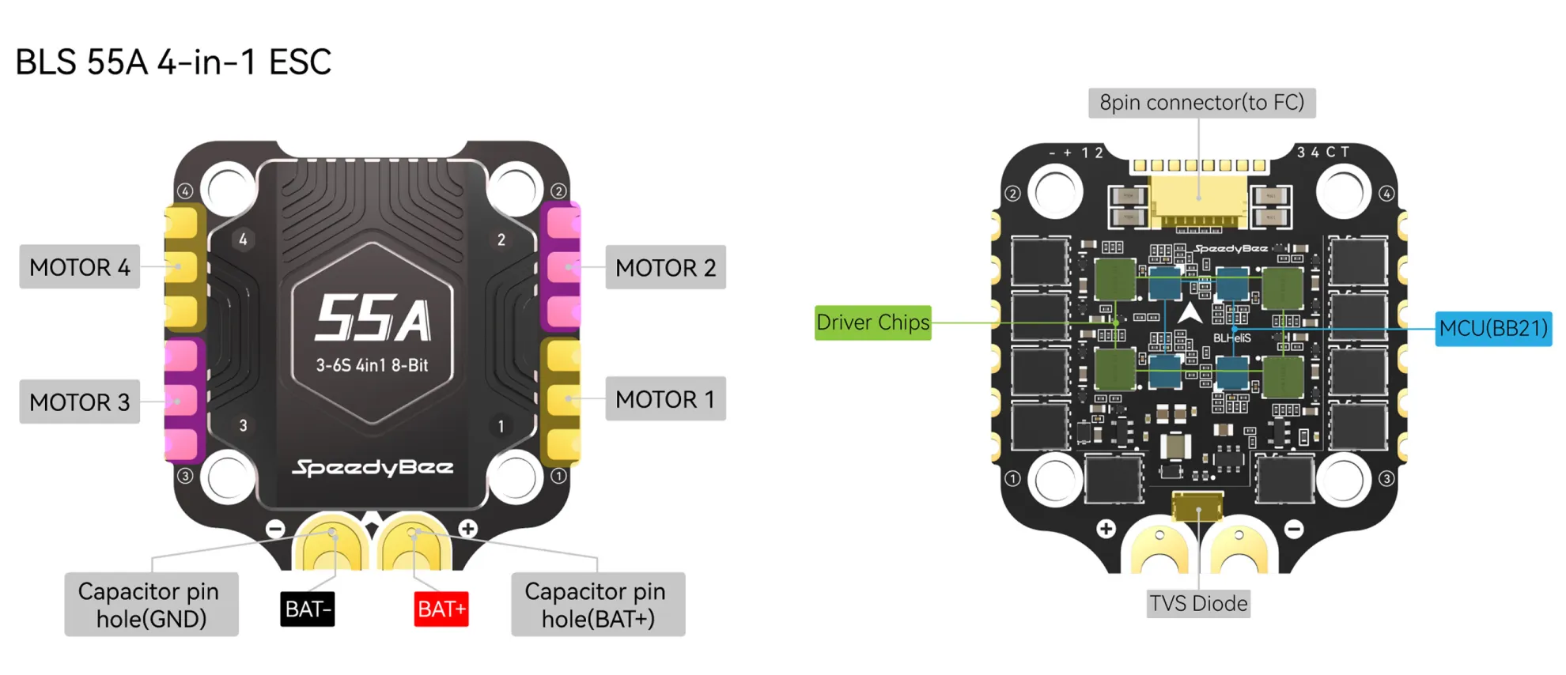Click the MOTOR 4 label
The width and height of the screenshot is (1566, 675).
(79, 267)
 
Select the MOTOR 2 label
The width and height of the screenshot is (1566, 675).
(665, 267)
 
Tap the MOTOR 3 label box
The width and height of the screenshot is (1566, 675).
(79, 402)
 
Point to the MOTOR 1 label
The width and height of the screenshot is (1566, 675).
(665, 399)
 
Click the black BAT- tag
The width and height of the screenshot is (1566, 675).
(308, 609)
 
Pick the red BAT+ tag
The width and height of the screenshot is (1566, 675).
(441, 609)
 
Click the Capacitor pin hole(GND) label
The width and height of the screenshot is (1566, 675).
(151, 605)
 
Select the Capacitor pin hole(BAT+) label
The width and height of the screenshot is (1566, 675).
(598, 605)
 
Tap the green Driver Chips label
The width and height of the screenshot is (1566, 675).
(872, 322)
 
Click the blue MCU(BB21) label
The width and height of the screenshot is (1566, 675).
(1492, 328)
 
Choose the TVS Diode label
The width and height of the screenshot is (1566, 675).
(1198, 604)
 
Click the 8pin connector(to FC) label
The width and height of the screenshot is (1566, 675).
(1201, 103)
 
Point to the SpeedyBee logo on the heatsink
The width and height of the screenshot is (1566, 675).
(373, 467)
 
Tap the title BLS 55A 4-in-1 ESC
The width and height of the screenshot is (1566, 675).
(173, 62)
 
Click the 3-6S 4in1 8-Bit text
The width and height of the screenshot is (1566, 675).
(372, 365)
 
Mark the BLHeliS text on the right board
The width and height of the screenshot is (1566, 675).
(1231, 338)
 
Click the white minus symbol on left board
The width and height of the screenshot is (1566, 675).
(275, 528)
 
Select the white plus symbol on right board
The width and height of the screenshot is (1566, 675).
(1106, 528)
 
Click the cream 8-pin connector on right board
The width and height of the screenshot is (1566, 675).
(1198, 198)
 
